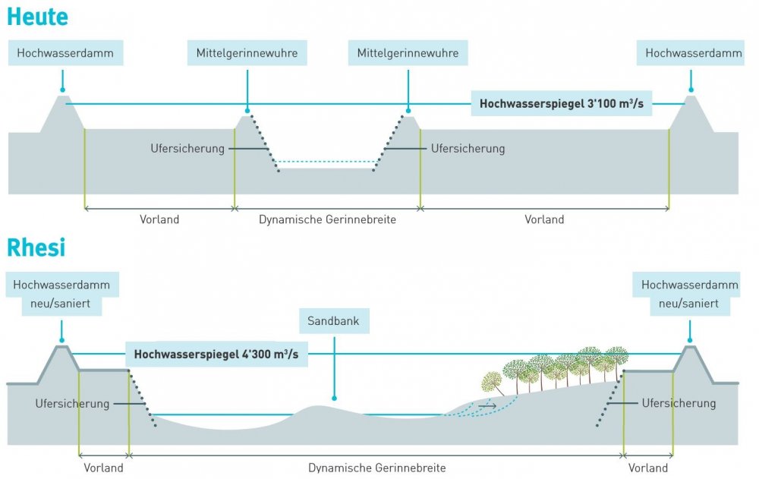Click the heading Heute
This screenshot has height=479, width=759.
point(36,16)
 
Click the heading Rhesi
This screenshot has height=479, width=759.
point(36,247)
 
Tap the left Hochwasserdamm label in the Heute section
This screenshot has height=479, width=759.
point(65,53)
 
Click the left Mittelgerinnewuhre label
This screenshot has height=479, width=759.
point(247,53)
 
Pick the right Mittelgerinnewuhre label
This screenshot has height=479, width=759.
point(408,53)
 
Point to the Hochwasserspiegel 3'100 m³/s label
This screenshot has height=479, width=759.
point(562,103)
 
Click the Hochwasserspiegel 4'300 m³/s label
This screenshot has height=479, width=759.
point(216,354)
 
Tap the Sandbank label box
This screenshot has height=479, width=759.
point(333,321)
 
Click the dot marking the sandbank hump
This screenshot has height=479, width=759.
point(333,398)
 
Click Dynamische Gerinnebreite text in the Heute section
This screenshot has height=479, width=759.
point(327,219)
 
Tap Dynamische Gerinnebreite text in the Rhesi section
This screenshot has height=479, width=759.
point(376,468)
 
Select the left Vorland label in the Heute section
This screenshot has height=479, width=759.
point(159,219)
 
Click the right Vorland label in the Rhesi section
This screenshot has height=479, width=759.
point(648,468)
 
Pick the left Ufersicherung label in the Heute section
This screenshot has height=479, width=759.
point(187,149)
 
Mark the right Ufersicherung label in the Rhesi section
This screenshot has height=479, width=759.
point(678,403)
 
